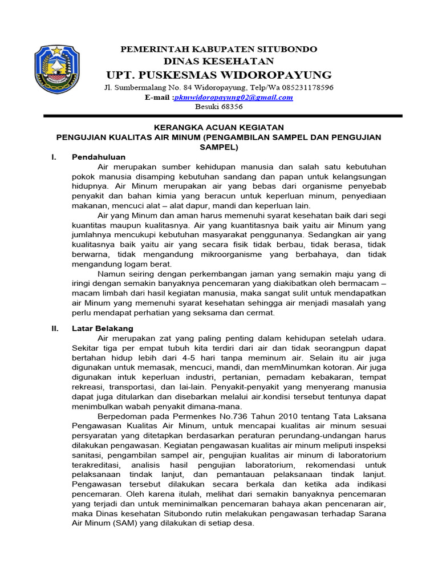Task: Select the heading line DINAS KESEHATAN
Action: tap(219, 61)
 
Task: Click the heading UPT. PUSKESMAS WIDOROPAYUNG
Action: tap(219, 75)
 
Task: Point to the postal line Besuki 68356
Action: tap(219, 107)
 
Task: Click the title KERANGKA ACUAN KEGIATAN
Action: tap(219, 127)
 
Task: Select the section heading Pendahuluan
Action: tap(98, 157)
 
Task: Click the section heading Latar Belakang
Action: tap(102, 328)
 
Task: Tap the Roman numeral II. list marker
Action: tap(53, 328)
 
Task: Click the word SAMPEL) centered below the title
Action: tap(219, 147)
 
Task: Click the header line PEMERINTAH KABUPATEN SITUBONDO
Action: tap(219, 50)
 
